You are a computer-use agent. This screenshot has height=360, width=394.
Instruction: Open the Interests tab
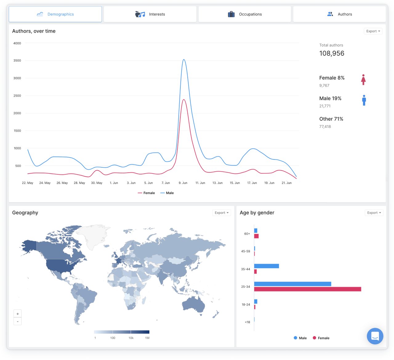click(150, 14)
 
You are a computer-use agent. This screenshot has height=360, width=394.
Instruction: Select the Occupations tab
click(245, 14)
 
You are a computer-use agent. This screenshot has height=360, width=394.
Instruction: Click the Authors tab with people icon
click(340, 14)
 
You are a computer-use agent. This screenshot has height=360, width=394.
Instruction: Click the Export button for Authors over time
click(373, 31)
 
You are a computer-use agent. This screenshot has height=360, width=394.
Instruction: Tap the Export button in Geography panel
click(222, 213)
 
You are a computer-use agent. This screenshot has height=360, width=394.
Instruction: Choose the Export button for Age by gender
click(374, 213)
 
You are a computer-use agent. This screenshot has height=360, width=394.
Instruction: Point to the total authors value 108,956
click(332, 53)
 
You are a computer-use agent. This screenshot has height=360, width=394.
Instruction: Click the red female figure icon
click(363, 80)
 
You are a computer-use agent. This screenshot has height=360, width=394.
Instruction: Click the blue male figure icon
click(364, 100)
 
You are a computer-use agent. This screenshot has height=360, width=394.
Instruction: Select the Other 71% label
click(331, 119)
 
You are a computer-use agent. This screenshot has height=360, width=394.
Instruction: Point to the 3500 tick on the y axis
click(17, 61)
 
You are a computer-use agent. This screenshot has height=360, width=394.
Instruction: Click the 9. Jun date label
click(183, 183)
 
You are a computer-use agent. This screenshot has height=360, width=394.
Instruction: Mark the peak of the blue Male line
click(184, 60)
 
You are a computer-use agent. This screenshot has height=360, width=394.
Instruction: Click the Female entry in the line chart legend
click(147, 193)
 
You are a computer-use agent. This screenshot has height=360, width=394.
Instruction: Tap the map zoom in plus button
click(18, 314)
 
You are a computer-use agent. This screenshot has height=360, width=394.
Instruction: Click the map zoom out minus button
click(18, 322)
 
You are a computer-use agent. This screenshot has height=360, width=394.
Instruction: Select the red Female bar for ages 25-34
click(307, 289)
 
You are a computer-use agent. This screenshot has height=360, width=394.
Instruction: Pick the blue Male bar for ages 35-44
click(266, 266)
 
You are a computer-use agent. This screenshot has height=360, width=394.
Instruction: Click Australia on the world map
click(194, 304)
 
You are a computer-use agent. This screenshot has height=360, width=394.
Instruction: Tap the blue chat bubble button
click(375, 336)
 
